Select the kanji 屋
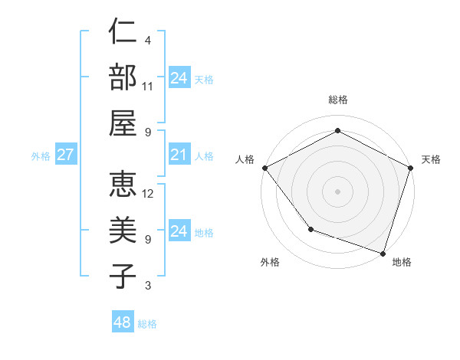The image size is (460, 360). tap(123, 123)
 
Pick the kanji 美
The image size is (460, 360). tap(123, 230)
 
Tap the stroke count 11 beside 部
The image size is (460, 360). tap(148, 87)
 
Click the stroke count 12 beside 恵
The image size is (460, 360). tap(148, 194)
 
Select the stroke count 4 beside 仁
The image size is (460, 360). tap(148, 41)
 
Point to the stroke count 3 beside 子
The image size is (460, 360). tap(148, 286)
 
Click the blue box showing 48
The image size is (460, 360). tap(123, 322)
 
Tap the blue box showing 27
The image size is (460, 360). tap(66, 155)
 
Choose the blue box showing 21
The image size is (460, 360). tap(179, 155)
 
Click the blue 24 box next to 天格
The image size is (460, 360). tap(179, 77)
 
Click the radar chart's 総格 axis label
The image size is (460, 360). tap(338, 100)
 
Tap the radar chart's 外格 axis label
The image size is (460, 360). tap(270, 262)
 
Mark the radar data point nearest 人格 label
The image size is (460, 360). tap(264, 167)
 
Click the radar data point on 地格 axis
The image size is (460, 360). tap(383, 252)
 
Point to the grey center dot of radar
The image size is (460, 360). tap(338, 191)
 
